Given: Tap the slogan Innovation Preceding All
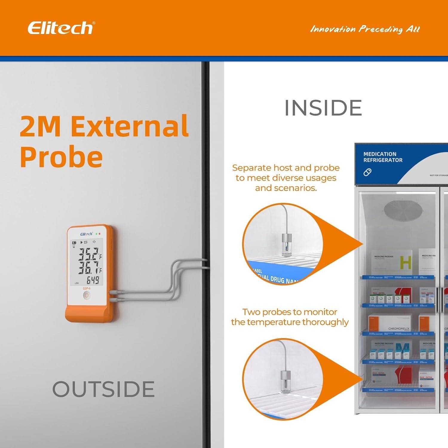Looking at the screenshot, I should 365,29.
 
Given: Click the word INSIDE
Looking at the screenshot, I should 323,108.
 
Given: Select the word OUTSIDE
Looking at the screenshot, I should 103,389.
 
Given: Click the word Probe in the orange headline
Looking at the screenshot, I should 61,157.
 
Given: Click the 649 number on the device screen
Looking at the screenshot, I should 93,280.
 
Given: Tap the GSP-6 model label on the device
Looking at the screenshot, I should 86,289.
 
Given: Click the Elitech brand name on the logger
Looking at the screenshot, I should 86,234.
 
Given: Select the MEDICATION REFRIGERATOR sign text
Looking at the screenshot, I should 383,157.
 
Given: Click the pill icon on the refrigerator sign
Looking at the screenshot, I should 367,172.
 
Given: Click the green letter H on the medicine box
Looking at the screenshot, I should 405,263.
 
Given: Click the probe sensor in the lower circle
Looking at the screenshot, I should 285,381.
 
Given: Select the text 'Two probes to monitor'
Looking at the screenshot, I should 289,312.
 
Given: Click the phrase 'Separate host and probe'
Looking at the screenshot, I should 286,168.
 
